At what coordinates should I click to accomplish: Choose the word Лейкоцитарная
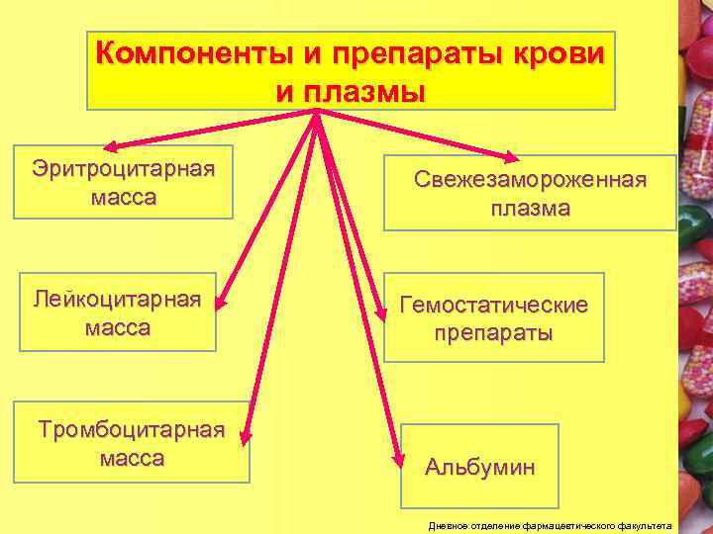[116, 298]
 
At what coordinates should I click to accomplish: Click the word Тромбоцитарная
[131, 430]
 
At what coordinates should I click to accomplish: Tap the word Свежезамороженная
[530, 181]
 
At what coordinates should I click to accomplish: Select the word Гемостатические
[493, 305]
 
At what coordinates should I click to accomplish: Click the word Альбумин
[480, 466]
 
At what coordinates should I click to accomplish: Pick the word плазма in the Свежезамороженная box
[530, 209]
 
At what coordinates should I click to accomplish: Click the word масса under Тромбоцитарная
[132, 459]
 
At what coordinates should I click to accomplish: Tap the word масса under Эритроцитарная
[123, 197]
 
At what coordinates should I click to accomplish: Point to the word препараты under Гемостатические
[493, 333]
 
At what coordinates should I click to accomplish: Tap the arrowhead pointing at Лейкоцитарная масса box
[221, 296]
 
